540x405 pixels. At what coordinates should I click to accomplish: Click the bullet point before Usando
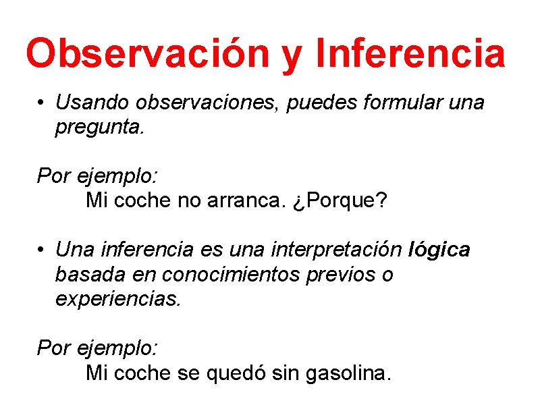click(x=42, y=103)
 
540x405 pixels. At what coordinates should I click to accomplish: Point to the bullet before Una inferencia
click(x=42, y=250)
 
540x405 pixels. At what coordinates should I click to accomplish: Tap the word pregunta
click(x=99, y=128)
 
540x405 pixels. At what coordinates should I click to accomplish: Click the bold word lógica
click(x=439, y=250)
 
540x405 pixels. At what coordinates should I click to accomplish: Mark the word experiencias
click(x=118, y=299)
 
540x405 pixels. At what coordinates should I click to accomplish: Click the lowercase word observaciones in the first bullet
click(x=210, y=103)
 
